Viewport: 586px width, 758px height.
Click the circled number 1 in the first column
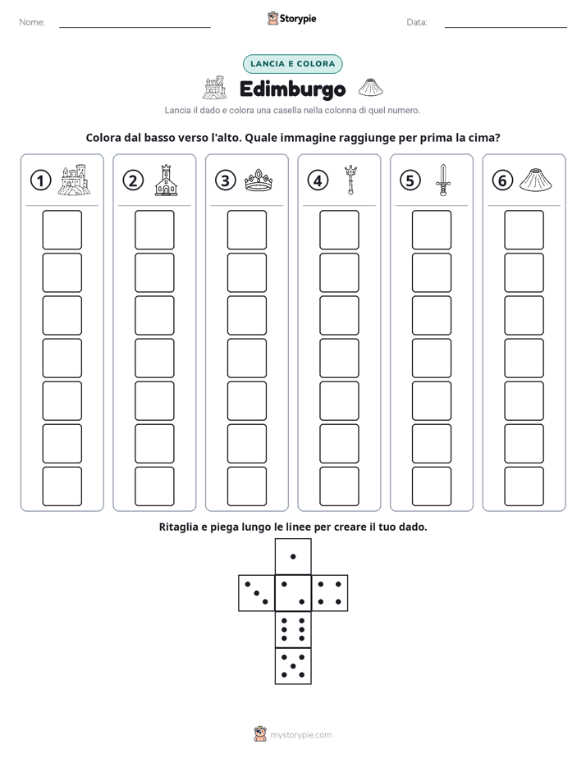[40, 180]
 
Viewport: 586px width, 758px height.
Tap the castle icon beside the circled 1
[74, 180]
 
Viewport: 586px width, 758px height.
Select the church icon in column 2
[166, 180]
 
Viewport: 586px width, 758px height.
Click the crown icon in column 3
[259, 180]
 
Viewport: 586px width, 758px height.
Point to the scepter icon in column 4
[350, 180]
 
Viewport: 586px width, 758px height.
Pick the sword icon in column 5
[443, 180]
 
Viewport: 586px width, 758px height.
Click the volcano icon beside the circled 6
[536, 180]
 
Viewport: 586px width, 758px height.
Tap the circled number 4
[318, 180]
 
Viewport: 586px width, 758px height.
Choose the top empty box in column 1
[62, 230]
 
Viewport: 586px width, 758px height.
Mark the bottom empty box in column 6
[524, 486]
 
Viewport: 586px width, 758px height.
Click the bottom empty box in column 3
[246, 486]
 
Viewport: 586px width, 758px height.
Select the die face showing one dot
[293, 556]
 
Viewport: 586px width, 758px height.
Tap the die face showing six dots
[293, 629]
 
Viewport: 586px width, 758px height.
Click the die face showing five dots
[293, 666]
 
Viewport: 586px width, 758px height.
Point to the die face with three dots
[257, 592]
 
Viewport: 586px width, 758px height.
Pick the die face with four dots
[330, 592]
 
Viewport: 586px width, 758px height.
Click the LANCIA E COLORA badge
[292, 64]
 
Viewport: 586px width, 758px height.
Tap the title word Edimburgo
[292, 89]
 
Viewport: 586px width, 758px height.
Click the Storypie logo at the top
[292, 18]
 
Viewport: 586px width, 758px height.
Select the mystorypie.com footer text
[300, 735]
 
